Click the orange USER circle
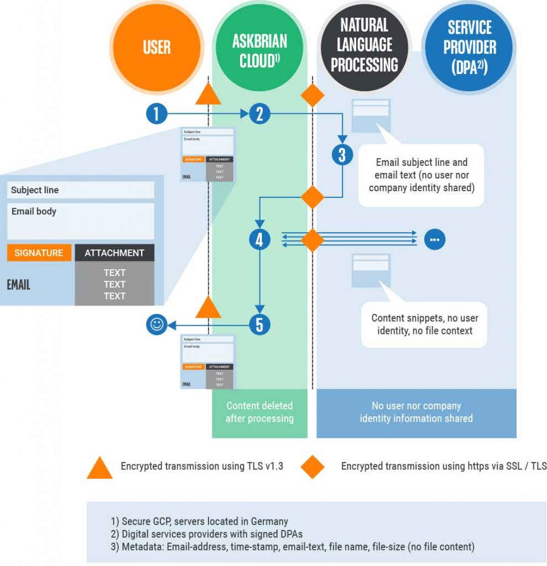(x=157, y=48)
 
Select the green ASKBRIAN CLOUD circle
(x=259, y=48)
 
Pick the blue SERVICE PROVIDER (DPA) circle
(x=468, y=48)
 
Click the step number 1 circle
(x=157, y=114)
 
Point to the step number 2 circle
(x=259, y=114)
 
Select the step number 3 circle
(x=342, y=155)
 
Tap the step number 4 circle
(x=259, y=240)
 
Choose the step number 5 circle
(x=259, y=324)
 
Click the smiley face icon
(x=156, y=324)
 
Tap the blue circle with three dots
(x=435, y=240)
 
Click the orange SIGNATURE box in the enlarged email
(x=39, y=253)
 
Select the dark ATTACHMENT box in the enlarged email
(x=114, y=253)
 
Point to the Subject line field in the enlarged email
(x=81, y=190)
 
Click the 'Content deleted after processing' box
(x=259, y=412)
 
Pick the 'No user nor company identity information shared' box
(x=416, y=412)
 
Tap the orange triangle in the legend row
(x=100, y=467)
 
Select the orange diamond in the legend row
(x=312, y=467)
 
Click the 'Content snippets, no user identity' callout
(x=424, y=324)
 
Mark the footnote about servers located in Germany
(x=199, y=521)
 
